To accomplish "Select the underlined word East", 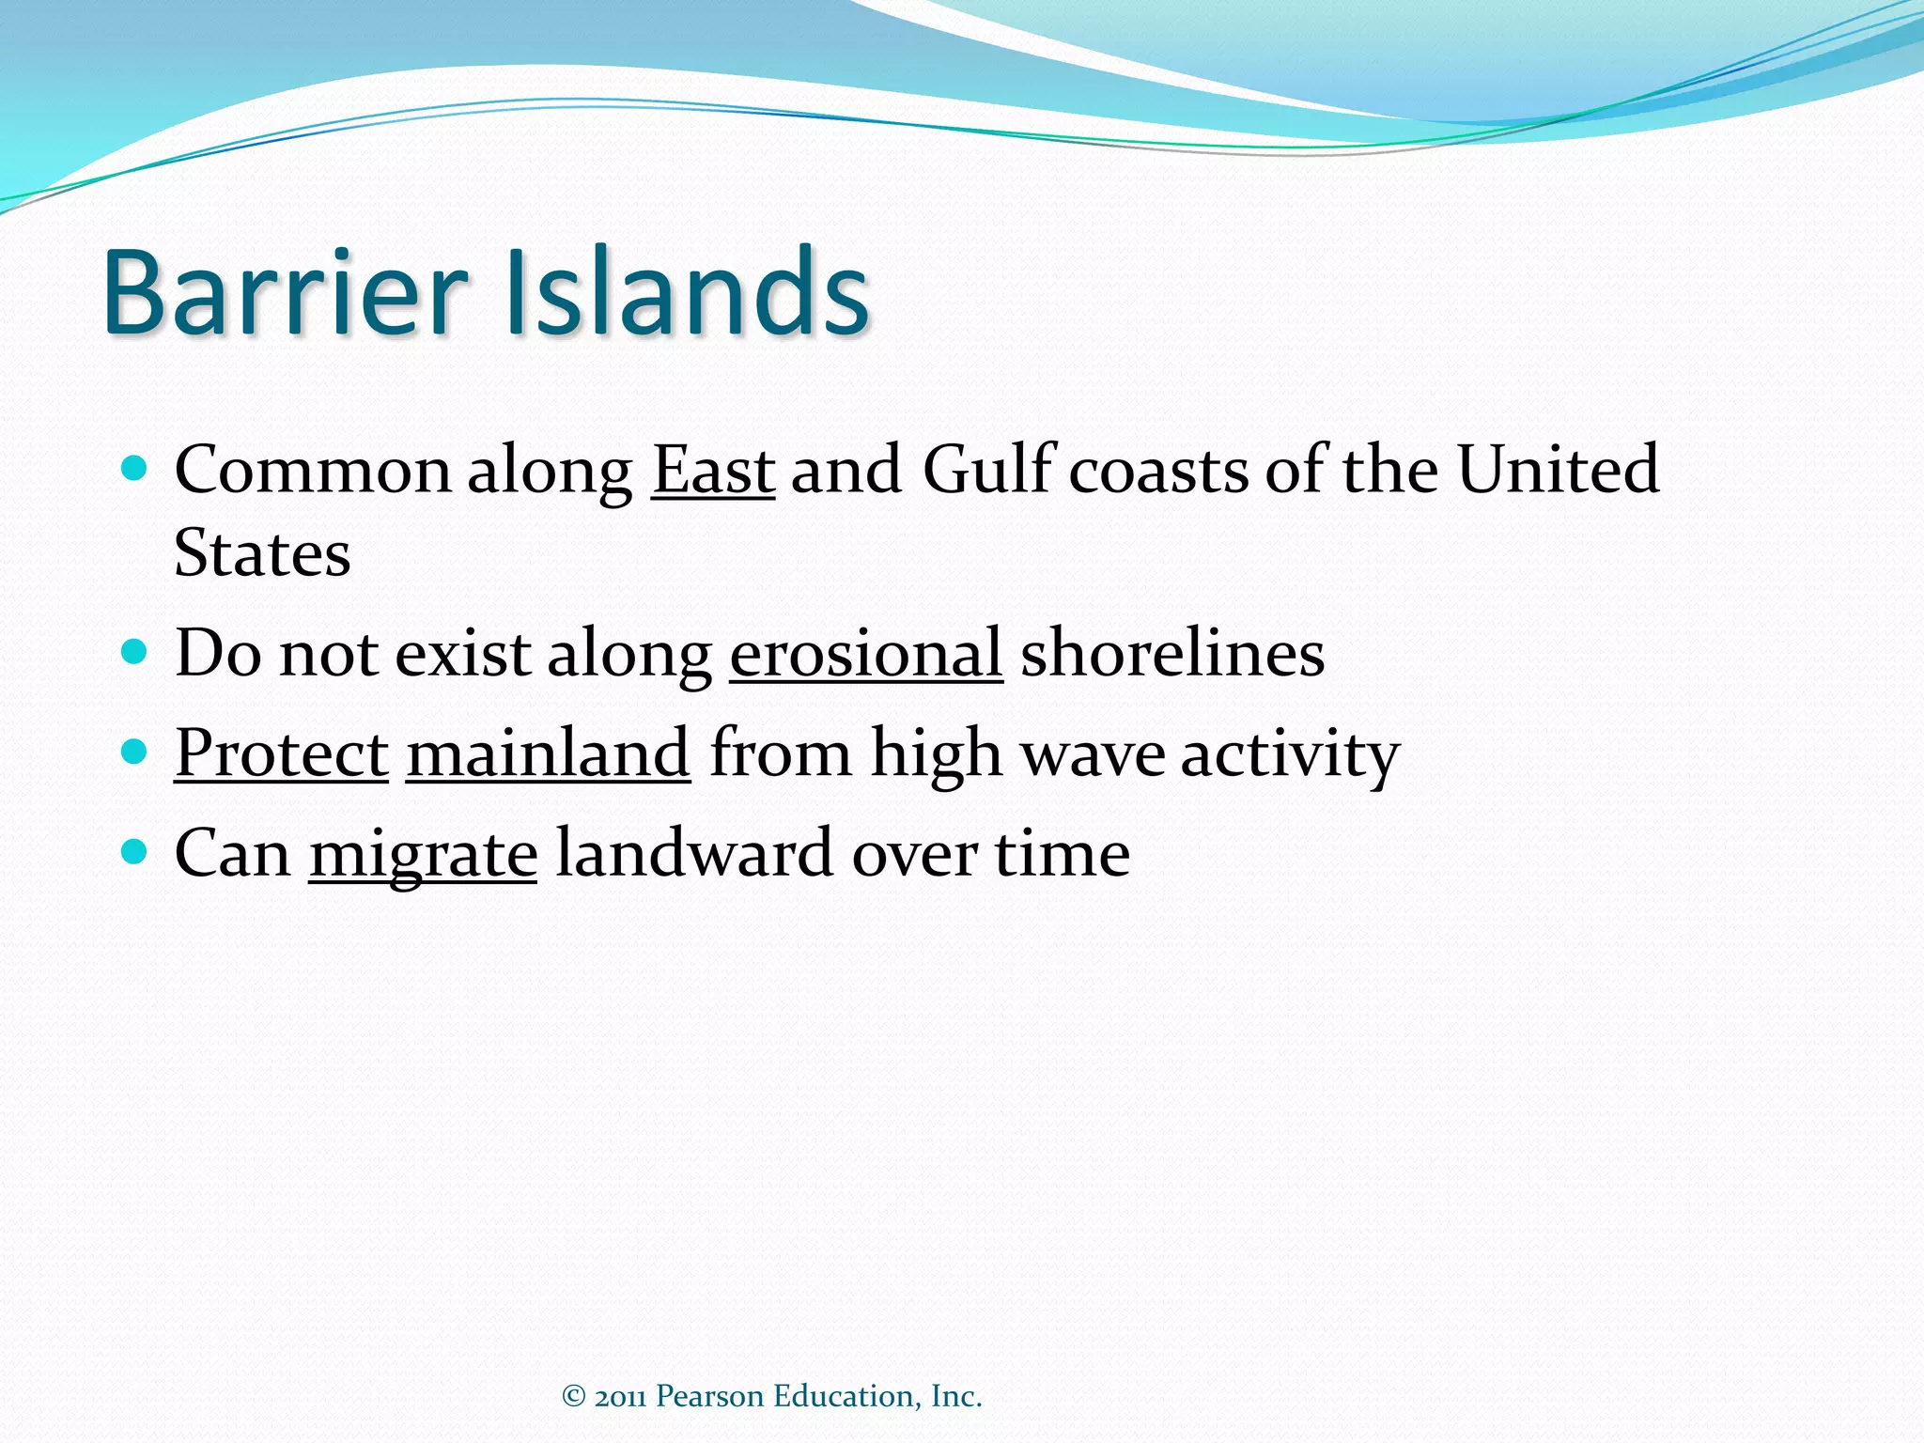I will coord(713,470).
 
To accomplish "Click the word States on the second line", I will coord(262,554).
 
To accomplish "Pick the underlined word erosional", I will coord(865,654).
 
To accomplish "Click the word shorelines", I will coord(1172,654).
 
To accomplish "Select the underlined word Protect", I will coord(281,754).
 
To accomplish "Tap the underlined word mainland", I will coord(548,754).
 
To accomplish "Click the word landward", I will coord(694,853).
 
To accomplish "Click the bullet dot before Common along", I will coord(135,468).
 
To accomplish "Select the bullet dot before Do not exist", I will coord(135,651).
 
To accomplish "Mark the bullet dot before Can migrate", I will coord(135,851).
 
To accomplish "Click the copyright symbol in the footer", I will coord(573,1396).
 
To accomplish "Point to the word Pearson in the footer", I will coord(709,1396).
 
